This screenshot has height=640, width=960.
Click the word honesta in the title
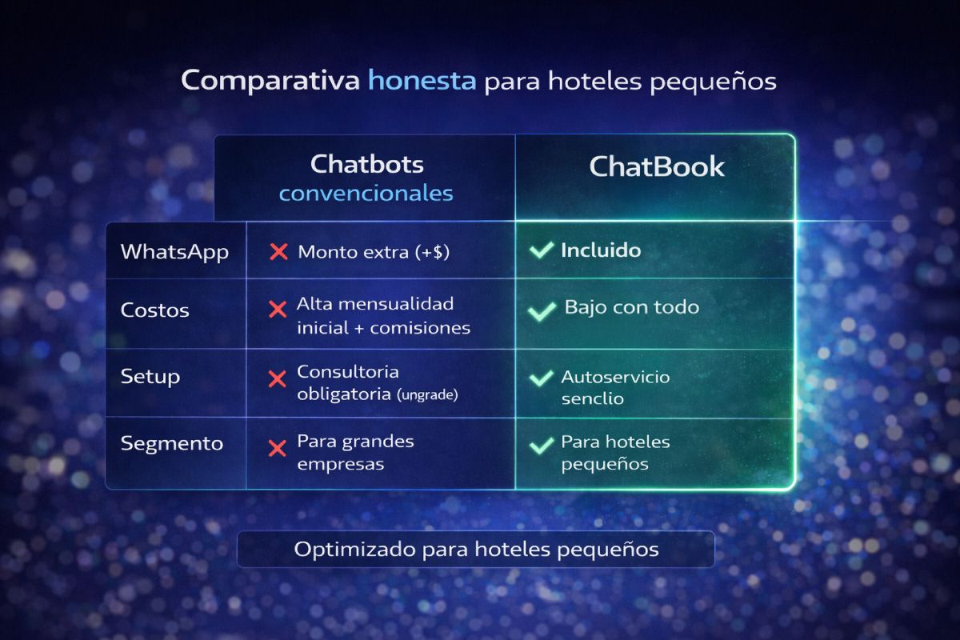422,81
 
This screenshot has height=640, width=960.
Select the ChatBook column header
656,166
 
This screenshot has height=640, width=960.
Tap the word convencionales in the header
366,194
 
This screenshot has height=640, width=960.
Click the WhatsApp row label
174,251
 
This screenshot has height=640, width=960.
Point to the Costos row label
154,310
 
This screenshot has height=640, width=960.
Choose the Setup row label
150,376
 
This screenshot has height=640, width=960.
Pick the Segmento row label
171,443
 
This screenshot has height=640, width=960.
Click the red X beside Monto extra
278,252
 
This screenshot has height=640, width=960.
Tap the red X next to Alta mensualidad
278,310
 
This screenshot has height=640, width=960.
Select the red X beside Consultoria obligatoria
278,379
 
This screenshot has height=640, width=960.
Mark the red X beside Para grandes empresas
278,447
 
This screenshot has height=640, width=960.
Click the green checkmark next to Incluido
542,250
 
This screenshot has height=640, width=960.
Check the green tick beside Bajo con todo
542,310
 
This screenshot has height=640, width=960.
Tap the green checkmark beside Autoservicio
542,378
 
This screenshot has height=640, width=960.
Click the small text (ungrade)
427,395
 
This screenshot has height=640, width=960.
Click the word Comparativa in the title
270,81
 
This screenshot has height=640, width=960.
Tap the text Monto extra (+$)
374,252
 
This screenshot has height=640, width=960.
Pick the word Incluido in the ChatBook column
601,250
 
